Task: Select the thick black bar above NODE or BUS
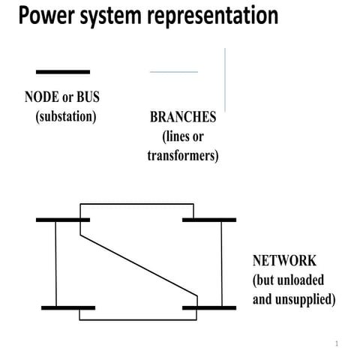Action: pos(63,72)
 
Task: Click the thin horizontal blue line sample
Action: pos(174,72)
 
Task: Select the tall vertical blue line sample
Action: pos(225,79)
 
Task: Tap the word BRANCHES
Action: pos(183,118)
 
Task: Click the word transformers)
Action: pos(183,156)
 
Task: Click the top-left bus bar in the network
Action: pos(63,220)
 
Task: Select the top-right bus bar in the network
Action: pos(209,220)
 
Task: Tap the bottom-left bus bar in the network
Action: pos(68,307)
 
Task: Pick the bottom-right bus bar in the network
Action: pos(209,307)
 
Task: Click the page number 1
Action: pos(337,343)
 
